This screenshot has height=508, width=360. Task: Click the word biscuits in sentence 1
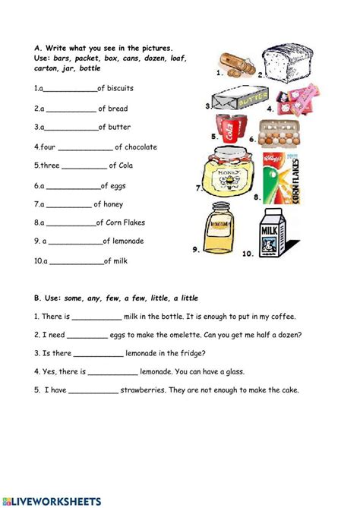[x=115, y=89]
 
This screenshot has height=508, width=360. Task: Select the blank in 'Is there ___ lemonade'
[x=99, y=353]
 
